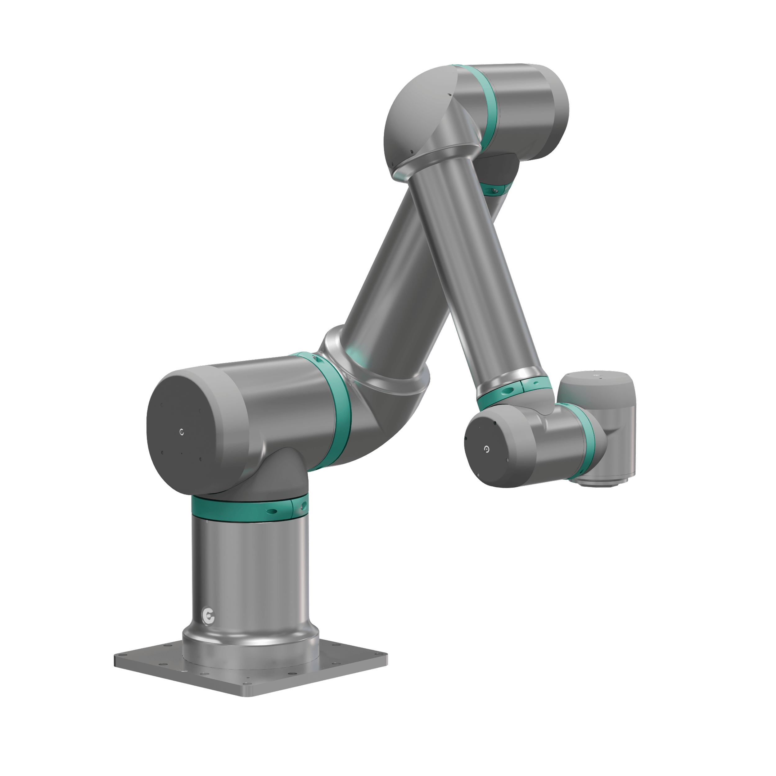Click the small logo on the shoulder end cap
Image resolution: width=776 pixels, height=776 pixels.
pos(182,432)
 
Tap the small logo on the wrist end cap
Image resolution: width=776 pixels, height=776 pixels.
pos(487,449)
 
